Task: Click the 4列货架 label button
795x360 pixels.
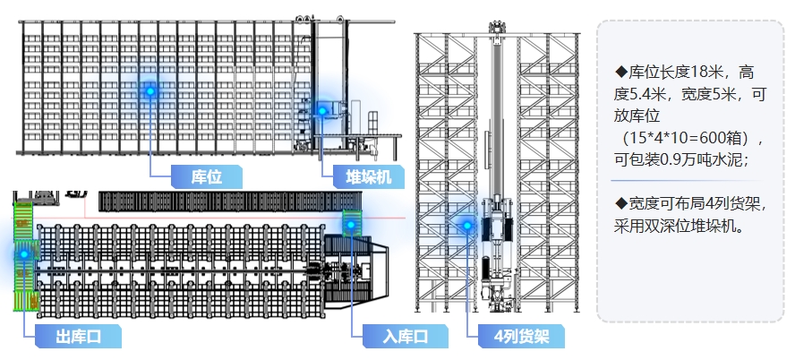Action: click(514, 337)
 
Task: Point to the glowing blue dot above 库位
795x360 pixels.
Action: click(150, 90)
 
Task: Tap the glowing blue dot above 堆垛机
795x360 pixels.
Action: click(322, 110)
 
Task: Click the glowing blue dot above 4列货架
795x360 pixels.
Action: click(466, 225)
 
